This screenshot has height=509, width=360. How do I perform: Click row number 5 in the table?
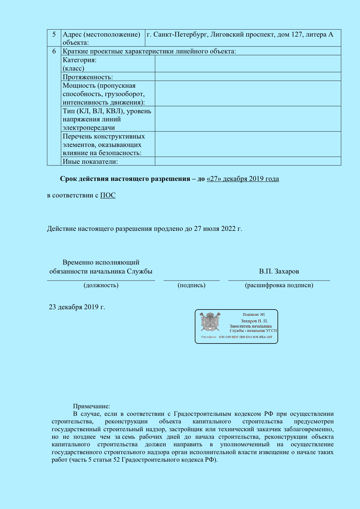pos(54,35)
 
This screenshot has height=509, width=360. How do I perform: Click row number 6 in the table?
pos(54,51)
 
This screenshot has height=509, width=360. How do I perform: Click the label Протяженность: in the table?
pos(88,77)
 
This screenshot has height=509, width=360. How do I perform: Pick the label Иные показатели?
pos(90,161)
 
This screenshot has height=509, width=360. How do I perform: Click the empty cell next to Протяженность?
pos(248,77)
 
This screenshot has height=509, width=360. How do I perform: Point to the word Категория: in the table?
pos(80,60)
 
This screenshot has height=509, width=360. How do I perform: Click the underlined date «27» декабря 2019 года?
pos(242,179)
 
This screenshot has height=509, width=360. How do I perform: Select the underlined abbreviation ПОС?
pos(108,195)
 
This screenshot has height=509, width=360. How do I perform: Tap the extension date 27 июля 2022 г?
pos(218,229)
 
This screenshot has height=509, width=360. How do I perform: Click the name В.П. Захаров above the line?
pos(279,271)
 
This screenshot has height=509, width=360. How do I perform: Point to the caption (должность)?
pos(101,285)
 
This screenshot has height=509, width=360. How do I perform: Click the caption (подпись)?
pos(191,285)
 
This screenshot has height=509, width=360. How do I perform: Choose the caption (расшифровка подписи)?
pos(279,285)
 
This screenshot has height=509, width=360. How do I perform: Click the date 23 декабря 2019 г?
pos(77,307)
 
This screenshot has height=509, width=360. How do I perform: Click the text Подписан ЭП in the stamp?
pos(253,314)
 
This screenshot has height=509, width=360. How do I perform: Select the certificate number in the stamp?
pos(245,337)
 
